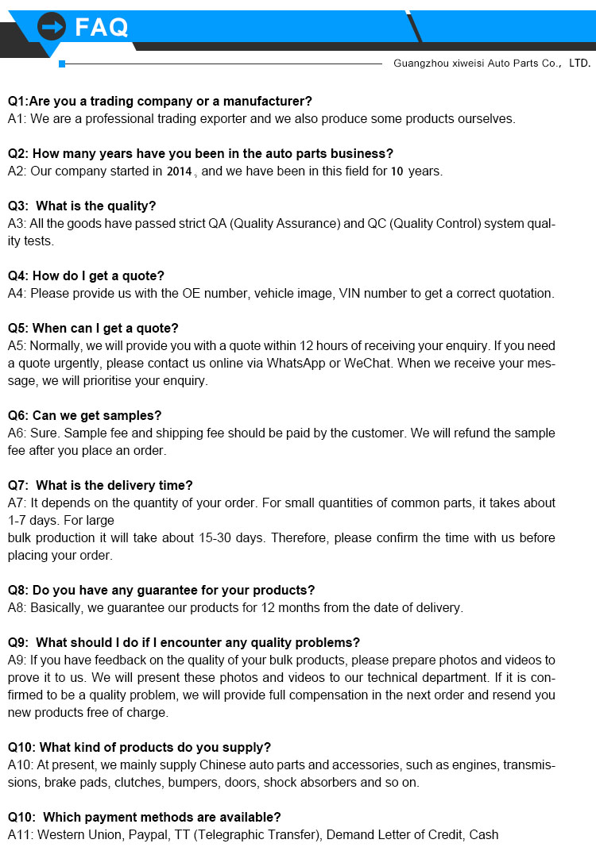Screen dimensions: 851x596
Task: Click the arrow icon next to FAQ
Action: point(52,27)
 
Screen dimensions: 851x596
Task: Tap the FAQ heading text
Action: point(101,28)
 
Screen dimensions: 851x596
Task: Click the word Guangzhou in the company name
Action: point(420,64)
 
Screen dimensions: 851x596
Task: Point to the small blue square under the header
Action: point(62,64)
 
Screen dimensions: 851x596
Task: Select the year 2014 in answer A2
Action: point(179,171)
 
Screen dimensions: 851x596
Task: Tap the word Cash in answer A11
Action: point(484,834)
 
